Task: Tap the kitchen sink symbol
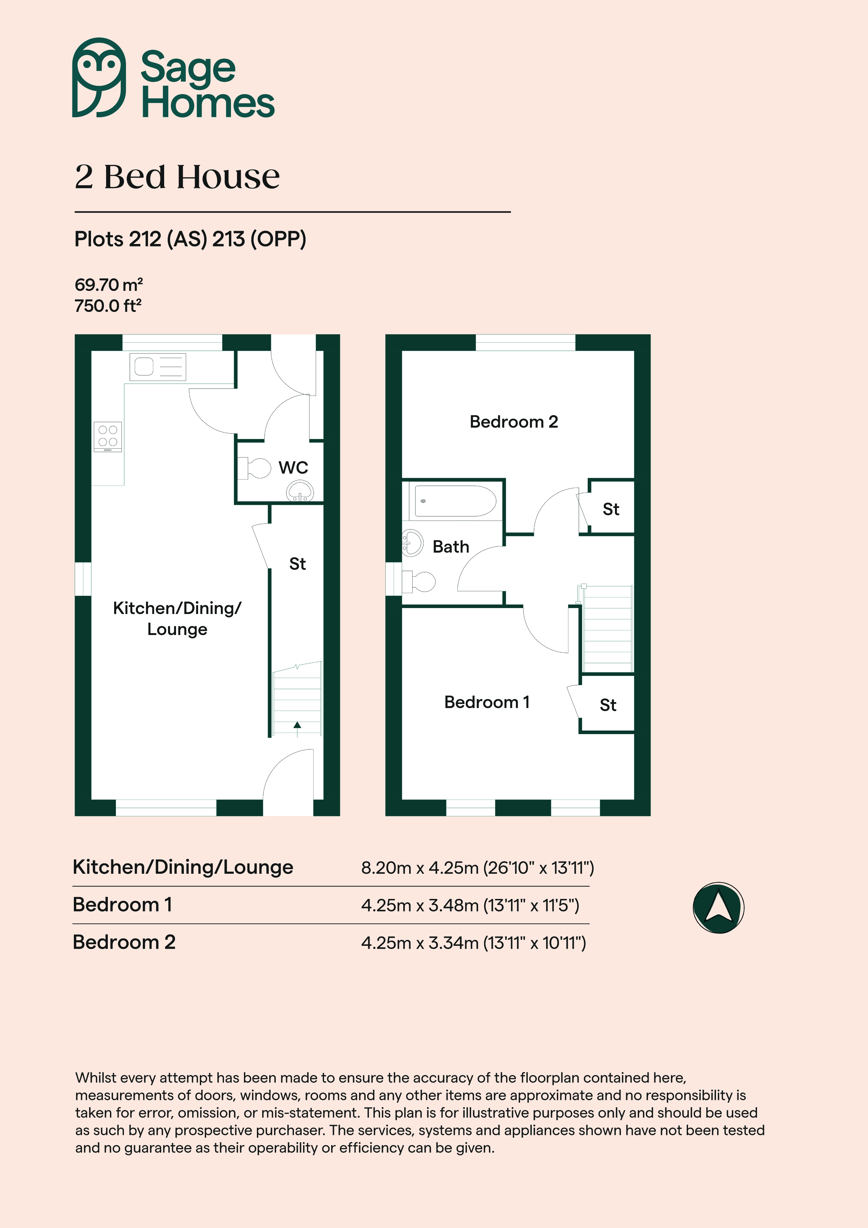158,367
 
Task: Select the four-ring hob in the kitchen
107,437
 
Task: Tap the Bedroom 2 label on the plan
513,421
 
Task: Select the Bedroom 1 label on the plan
487,702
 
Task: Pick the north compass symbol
718,908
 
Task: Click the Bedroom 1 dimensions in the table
470,906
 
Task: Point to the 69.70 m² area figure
108,285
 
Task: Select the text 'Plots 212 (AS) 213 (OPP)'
190,239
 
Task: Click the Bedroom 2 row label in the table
124,942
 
